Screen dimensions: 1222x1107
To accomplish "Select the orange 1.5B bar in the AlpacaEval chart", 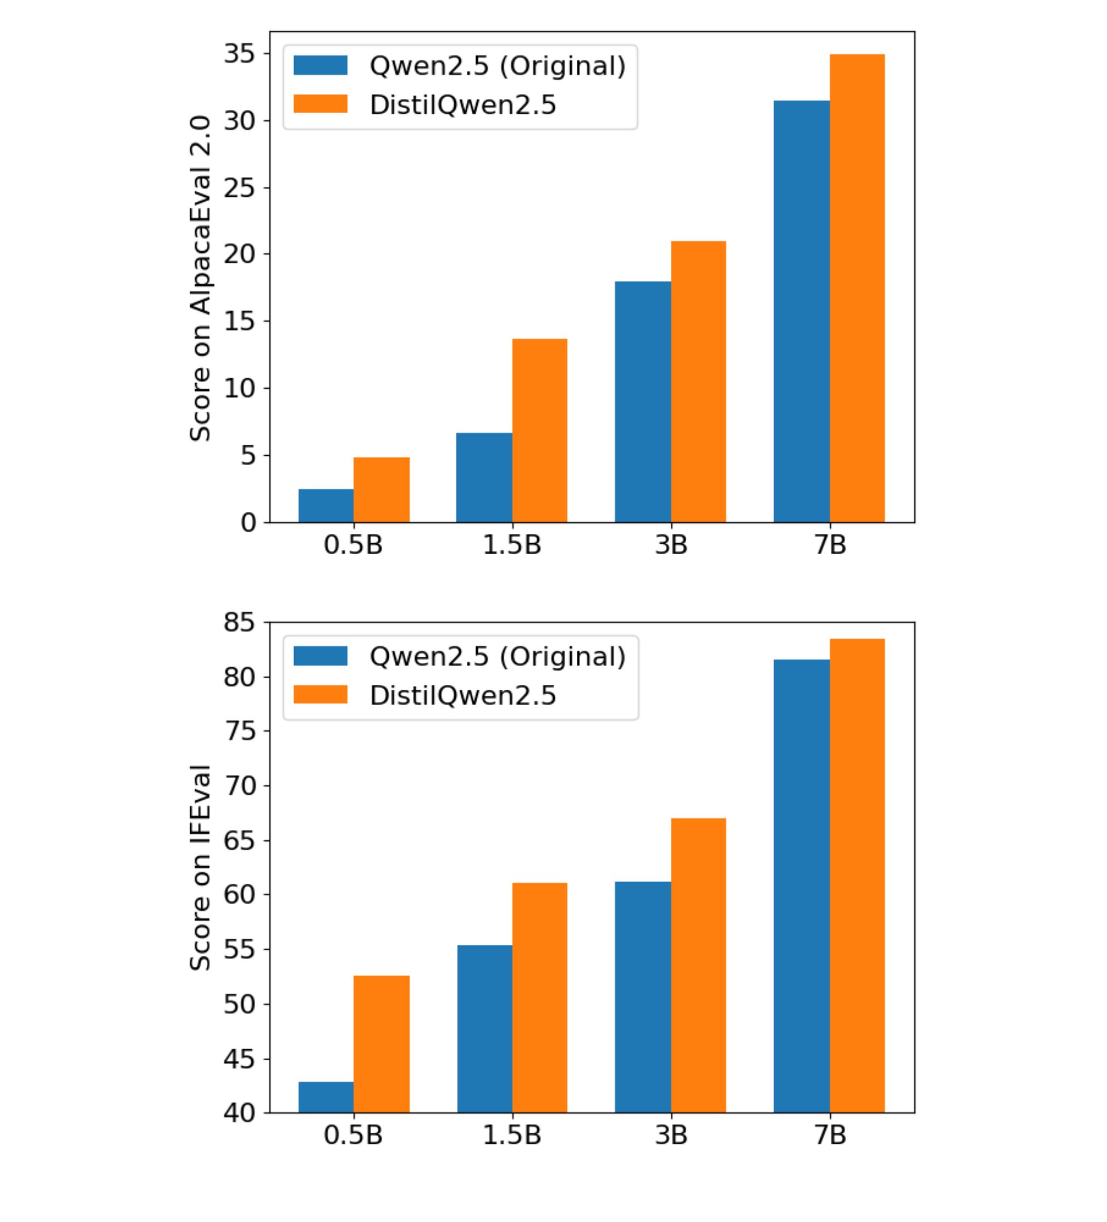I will (539, 430).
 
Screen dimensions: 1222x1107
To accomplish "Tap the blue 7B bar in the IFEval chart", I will (801, 885).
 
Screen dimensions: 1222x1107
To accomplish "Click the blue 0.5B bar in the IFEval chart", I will (326, 1097).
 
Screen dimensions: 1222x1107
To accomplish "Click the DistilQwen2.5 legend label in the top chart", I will (462, 105).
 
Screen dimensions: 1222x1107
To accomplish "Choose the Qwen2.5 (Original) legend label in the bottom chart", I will (497, 656).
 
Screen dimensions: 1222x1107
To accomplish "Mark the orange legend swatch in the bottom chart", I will (320, 695).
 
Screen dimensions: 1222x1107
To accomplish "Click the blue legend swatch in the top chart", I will (320, 66).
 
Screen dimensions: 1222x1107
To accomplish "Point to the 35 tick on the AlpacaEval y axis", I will (239, 54).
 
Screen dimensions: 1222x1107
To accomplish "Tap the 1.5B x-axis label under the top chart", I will (512, 545).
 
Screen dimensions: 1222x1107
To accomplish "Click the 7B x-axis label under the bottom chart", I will (829, 1135).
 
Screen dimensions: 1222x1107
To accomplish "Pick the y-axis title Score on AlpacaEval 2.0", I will (200, 278).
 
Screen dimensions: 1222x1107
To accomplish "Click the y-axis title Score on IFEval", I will (200, 868).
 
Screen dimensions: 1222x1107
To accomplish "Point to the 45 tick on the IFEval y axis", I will (239, 1059).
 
